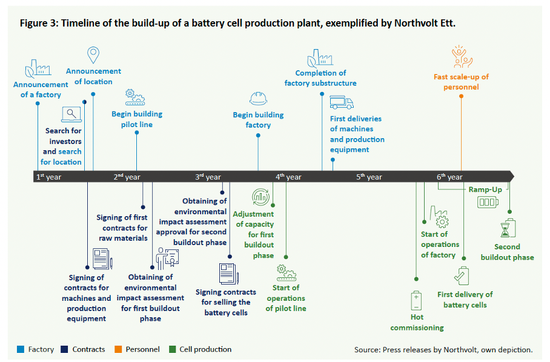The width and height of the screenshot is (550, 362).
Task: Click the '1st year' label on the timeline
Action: pos(48,177)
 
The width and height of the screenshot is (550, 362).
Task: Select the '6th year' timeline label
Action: pos(449,177)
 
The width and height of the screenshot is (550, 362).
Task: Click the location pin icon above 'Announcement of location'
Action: pos(93,55)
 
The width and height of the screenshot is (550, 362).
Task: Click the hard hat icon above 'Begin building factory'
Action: pos(259,98)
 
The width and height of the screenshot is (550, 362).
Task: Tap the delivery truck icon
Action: pos(342,102)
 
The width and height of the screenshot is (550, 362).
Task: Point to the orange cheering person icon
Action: pos(460,56)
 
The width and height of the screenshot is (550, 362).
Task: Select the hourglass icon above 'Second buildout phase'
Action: pos(507,228)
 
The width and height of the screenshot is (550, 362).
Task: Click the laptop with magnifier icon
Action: pos(71,114)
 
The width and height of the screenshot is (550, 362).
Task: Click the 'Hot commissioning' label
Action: pos(417,322)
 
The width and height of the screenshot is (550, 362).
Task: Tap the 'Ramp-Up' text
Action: pos(485,189)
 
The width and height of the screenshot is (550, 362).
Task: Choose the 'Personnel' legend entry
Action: pos(143,349)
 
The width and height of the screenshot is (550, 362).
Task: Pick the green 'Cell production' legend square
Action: pos(173,349)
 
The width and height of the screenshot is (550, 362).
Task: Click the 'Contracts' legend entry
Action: pos(88,349)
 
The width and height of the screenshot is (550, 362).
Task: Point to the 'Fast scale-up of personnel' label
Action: pos(460,82)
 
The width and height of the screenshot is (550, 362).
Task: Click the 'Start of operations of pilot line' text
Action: pos(286,298)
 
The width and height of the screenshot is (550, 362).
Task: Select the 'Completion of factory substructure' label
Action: pos(320,78)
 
